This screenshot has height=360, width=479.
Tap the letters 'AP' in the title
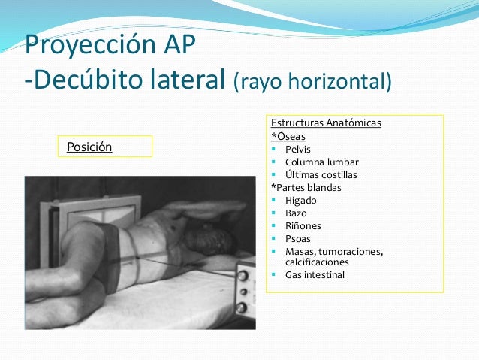[x=177, y=46]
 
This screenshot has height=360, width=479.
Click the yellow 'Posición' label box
[x=105, y=147]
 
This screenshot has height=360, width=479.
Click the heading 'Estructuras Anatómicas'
[x=326, y=123]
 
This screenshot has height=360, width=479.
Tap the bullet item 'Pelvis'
[x=298, y=149]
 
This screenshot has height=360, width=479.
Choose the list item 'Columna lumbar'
[x=321, y=162]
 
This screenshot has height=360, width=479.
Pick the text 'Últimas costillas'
[x=321, y=174]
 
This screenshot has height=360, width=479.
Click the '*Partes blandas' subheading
[x=306, y=187]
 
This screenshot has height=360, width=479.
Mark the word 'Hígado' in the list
[x=301, y=201]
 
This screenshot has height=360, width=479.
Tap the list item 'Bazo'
[x=296, y=213]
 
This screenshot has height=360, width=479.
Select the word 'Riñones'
[x=303, y=225]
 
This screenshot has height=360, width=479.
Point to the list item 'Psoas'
[x=297, y=239]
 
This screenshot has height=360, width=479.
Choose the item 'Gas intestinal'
[x=315, y=275]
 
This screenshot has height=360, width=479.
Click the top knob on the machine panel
[x=243, y=274]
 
